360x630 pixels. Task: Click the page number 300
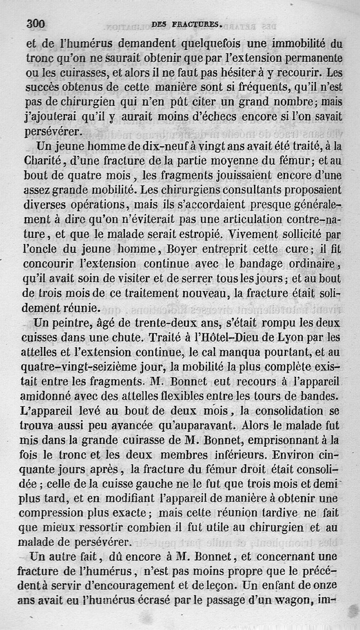(x=37, y=24)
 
